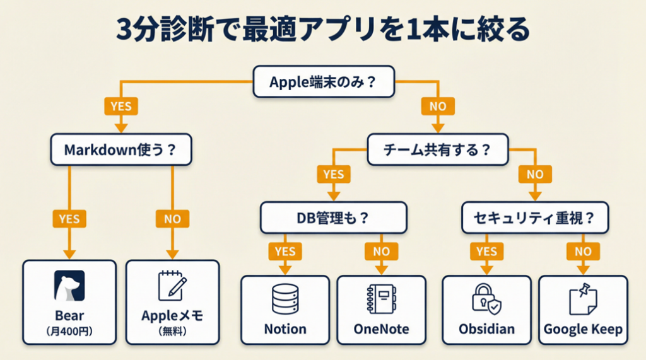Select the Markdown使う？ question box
pyautogui.click(x=120, y=150)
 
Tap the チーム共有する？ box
pyautogui.click(x=437, y=150)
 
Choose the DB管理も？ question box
pyautogui.click(x=333, y=219)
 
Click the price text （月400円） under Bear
pyautogui.click(x=69, y=332)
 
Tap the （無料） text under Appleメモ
pyautogui.click(x=172, y=332)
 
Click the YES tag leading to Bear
pyautogui.click(x=69, y=219)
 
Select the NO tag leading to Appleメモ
pyautogui.click(x=172, y=219)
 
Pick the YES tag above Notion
pyautogui.click(x=285, y=252)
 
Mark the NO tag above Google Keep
pyautogui.click(x=583, y=252)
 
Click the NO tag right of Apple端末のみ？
pyautogui.click(x=438, y=106)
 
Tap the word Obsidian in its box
pyautogui.click(x=486, y=329)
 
